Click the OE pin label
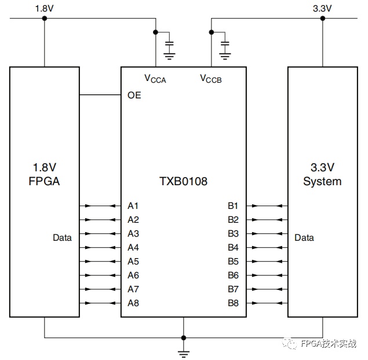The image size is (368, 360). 134,95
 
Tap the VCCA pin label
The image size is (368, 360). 155,79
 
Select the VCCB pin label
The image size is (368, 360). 211,79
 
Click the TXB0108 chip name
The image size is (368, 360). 183,181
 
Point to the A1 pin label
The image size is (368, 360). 133,206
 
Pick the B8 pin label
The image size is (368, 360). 233,303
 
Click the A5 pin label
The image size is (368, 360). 133,262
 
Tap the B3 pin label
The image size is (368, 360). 233,234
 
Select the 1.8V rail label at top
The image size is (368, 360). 45,9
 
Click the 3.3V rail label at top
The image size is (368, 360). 322,9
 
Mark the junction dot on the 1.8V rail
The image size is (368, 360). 45,19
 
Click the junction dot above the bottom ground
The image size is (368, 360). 184,338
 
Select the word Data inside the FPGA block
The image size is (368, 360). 62,238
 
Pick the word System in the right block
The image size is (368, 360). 322,181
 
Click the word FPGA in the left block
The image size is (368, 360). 44,181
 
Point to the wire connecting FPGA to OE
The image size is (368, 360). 100,95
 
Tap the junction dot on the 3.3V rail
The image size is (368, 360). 323,19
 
